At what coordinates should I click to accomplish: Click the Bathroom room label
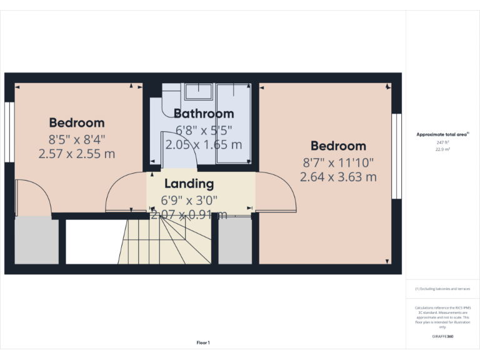coord(204,114)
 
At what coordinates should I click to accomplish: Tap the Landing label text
coord(189,184)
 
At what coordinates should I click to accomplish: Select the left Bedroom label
coord(77,122)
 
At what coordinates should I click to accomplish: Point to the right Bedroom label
coord(338,146)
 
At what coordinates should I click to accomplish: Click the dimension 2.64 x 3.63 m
coord(338,177)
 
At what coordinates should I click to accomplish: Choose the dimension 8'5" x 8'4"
coord(77,138)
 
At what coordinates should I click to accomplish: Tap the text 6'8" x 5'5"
coord(204,131)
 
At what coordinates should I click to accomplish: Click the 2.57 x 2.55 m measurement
coord(77,153)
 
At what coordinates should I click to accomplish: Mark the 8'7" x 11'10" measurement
coord(338,162)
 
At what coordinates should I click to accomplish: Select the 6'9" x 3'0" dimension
coord(189,201)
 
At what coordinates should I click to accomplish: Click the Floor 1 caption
coord(203,342)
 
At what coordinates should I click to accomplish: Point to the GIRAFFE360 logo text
coord(442,337)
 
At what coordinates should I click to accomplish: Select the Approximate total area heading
coord(442,134)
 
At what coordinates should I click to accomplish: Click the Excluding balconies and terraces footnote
coord(442,289)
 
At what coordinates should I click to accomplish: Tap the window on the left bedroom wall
coord(9,132)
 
